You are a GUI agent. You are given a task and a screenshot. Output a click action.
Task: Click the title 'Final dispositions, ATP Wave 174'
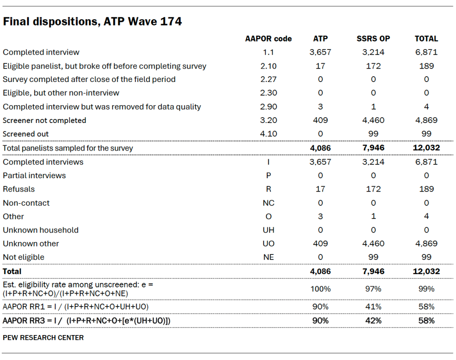point(92,21)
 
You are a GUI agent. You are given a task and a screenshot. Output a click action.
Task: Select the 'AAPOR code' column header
point(268,39)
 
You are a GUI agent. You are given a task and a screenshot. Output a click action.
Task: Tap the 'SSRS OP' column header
point(373,39)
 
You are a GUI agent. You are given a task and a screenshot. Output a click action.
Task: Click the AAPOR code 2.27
point(269,79)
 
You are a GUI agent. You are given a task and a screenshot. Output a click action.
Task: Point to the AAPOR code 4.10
point(269,134)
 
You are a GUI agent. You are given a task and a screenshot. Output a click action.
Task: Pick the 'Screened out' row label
point(26,134)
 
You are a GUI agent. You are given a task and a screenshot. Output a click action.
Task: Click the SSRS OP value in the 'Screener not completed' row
point(373,120)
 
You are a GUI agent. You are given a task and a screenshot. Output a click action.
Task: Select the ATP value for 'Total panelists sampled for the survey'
point(320,148)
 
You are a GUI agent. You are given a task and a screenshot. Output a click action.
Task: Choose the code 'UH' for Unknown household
point(269,230)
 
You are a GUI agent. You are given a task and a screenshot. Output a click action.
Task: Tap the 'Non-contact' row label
point(26,203)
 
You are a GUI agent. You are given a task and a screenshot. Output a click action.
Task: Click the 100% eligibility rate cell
point(320,289)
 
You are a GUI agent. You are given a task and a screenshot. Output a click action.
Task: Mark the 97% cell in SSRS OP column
point(373,289)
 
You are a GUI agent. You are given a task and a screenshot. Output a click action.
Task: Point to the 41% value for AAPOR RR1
point(373,307)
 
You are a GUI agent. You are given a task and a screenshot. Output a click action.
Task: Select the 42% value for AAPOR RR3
point(373,320)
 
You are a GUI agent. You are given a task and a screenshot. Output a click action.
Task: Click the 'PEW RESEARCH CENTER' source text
point(43,337)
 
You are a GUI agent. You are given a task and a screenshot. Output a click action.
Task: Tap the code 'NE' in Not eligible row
point(269,257)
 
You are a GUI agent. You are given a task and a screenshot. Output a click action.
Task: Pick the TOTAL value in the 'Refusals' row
point(426,189)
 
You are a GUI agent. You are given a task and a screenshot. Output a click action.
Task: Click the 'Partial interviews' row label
point(34,176)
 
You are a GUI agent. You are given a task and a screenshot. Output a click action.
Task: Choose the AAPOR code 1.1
point(269,52)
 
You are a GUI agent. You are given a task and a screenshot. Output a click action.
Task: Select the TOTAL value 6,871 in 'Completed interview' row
point(426,52)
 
